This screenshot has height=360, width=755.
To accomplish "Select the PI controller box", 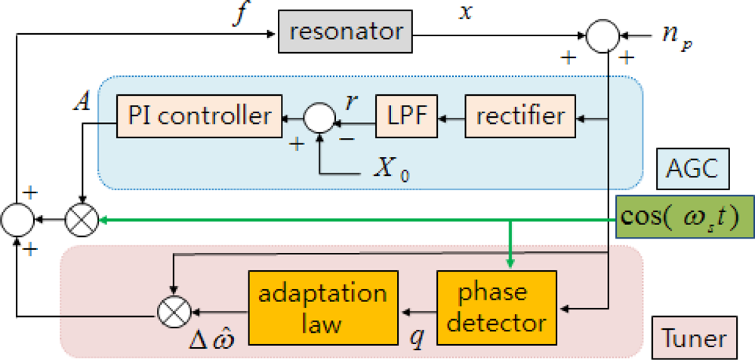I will click(x=199, y=116).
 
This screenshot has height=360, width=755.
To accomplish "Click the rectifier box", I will click(x=519, y=116).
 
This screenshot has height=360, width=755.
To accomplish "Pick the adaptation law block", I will click(x=323, y=309).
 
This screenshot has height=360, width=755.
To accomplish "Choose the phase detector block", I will click(x=496, y=309).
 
